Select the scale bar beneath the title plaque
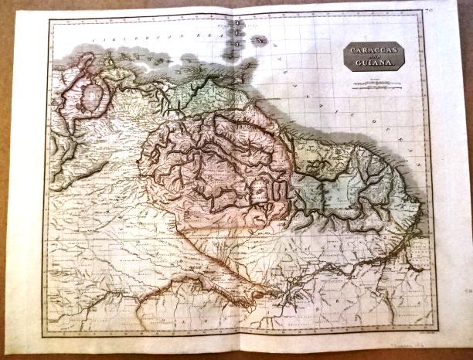pyautogui.click(x=376, y=84)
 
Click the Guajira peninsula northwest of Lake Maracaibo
pyautogui.click(x=83, y=60)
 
